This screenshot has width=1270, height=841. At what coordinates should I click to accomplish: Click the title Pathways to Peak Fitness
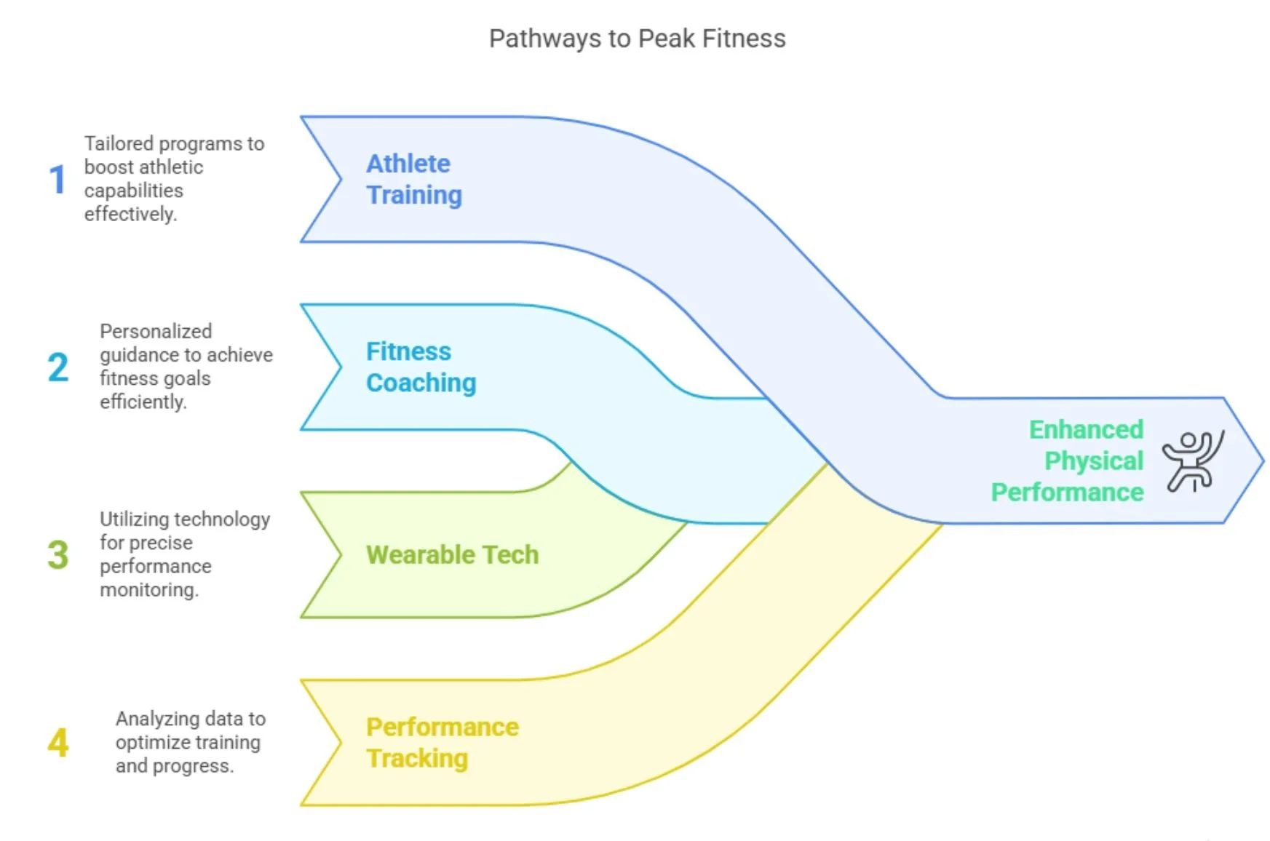point(637,39)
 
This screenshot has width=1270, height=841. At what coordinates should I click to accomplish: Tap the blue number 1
point(57,179)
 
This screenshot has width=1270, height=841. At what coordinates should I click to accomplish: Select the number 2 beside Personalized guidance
point(58,367)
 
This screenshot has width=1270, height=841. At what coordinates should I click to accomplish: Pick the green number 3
point(58,554)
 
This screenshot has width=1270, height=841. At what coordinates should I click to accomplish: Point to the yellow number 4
point(58,742)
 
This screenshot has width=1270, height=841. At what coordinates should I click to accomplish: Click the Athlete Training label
point(413,179)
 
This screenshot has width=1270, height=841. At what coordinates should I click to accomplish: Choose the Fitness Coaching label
point(421,367)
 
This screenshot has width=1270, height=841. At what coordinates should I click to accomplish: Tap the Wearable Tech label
point(452,555)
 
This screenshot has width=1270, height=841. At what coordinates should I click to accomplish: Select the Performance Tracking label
point(442,742)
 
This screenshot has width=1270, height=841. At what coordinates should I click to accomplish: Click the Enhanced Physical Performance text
point(1068,461)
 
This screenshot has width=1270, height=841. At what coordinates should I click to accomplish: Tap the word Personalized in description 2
point(156,331)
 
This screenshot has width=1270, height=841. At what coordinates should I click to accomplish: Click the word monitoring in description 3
point(148,589)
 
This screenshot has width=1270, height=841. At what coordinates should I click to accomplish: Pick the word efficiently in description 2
point(143,402)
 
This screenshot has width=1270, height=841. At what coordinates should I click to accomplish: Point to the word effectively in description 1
point(130,214)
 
